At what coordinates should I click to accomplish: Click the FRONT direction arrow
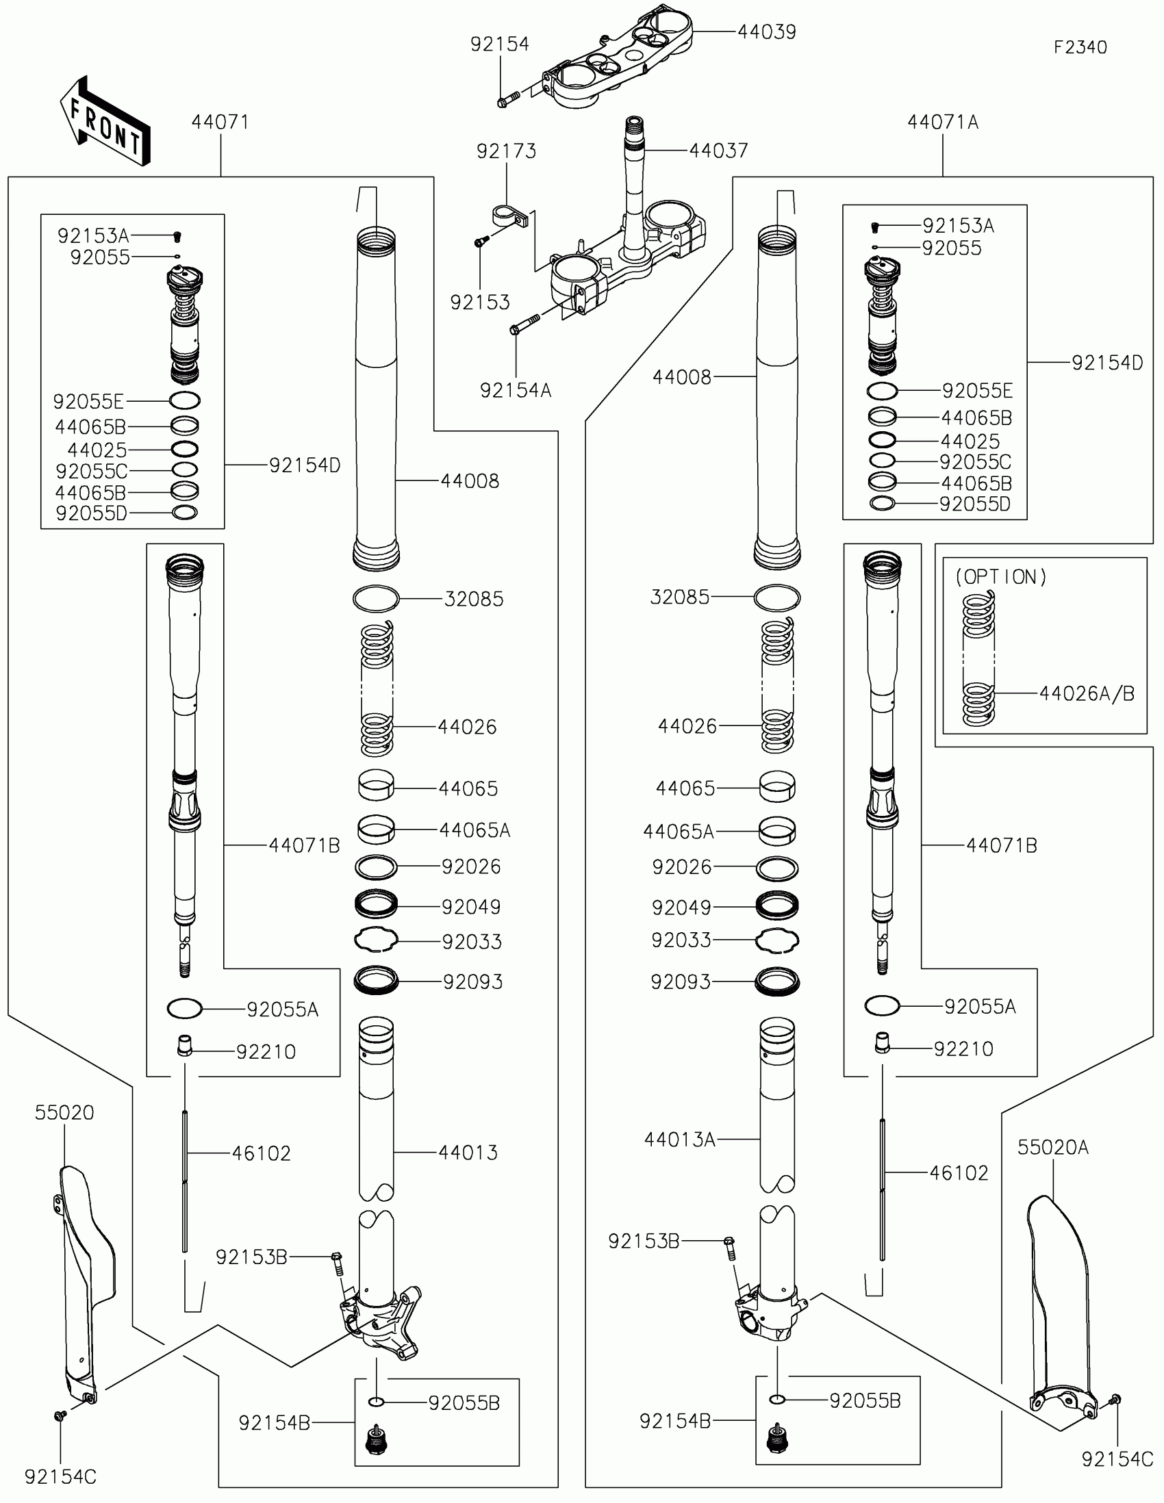[105, 121]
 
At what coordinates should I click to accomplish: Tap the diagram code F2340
[1080, 47]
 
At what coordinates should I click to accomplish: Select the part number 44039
[767, 31]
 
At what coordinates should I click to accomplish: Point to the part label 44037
[719, 150]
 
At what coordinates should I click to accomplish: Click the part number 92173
[507, 151]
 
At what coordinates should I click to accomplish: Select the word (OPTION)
[1001, 577]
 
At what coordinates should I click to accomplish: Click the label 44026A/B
[1087, 693]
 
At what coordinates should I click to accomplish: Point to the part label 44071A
[943, 122]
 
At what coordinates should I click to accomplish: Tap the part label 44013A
[679, 1140]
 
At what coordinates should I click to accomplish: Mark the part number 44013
[468, 1152]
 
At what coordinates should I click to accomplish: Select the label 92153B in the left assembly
[251, 1257]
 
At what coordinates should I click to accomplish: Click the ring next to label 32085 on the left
[376, 598]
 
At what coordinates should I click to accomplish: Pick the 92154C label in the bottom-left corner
[60, 1477]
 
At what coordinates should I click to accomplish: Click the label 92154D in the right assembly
[1108, 363]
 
